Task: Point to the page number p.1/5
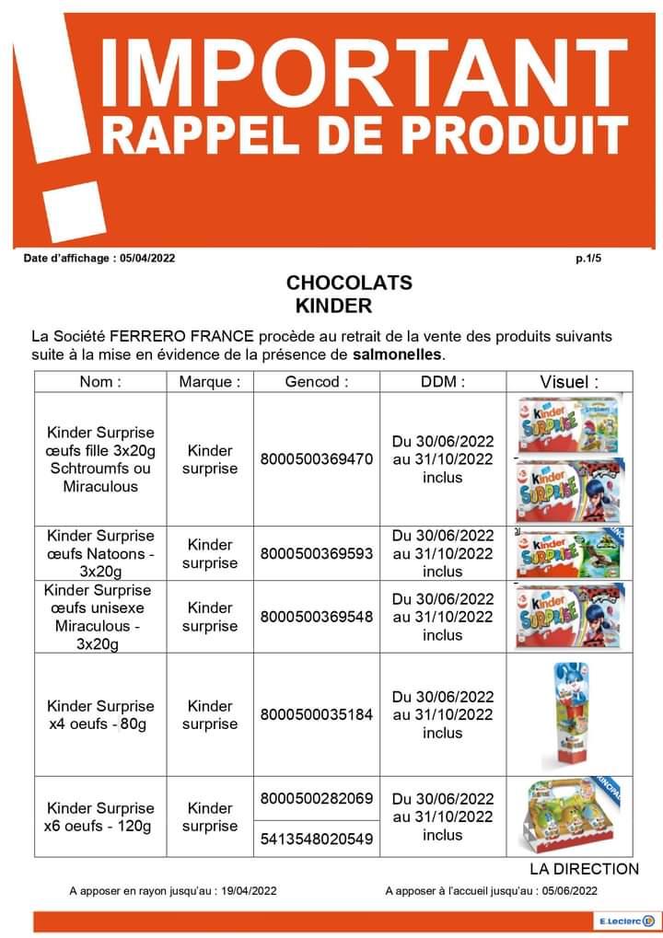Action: (x=587, y=259)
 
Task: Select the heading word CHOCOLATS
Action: (x=349, y=283)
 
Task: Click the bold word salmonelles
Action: (x=397, y=353)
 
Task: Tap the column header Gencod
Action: (x=317, y=382)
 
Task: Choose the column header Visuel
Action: (x=569, y=382)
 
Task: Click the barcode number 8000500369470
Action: (x=317, y=459)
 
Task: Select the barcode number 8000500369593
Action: (x=317, y=553)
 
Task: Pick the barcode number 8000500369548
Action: (x=317, y=617)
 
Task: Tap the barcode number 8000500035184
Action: (x=317, y=714)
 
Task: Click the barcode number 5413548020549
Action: (x=317, y=839)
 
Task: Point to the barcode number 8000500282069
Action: (x=317, y=798)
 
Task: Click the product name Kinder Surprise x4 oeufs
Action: (x=100, y=714)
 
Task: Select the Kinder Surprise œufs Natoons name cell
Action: (x=100, y=553)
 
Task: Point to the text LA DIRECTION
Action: (x=584, y=869)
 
